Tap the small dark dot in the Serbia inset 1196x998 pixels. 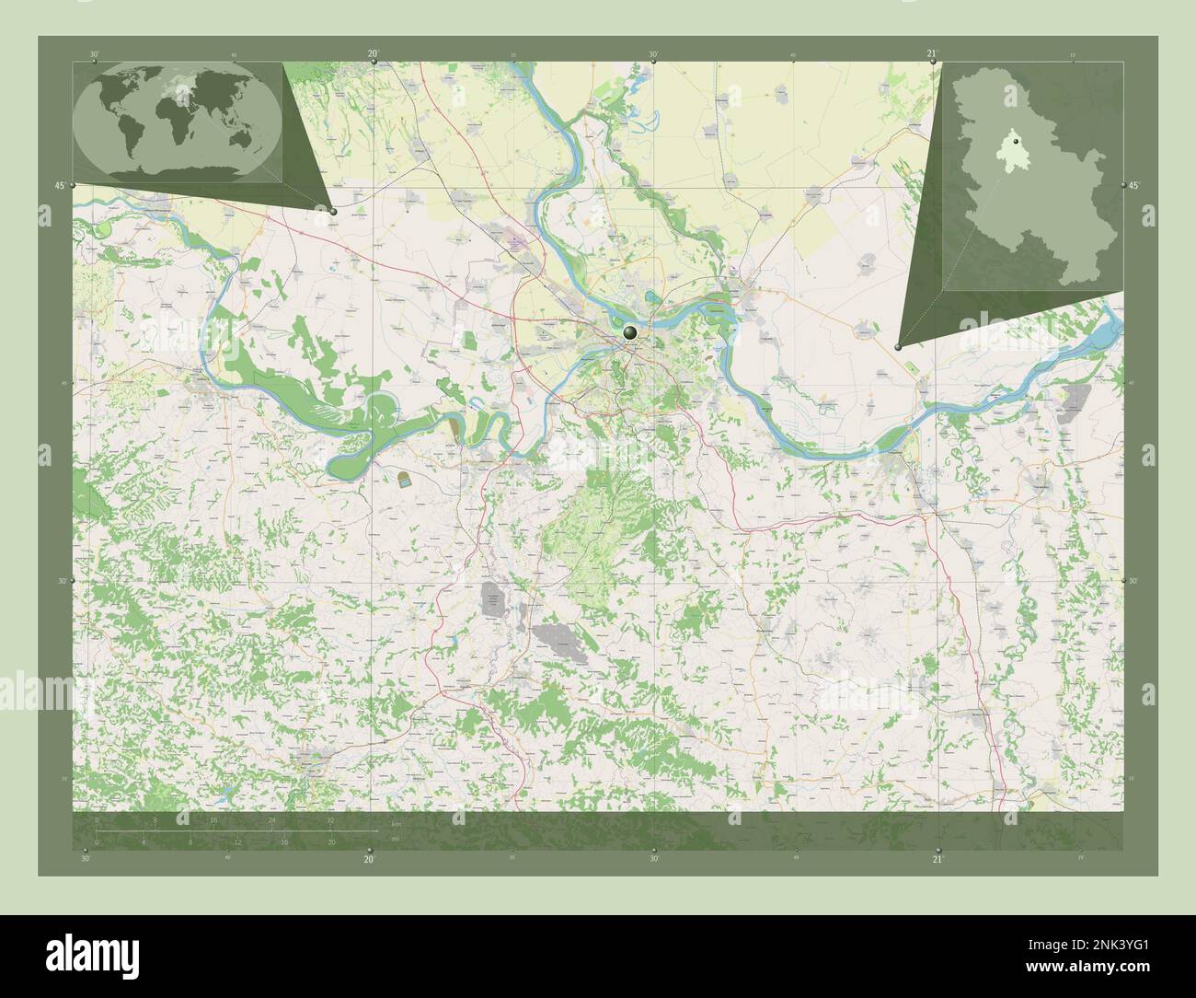[x=1016, y=143]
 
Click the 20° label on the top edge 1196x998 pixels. [x=373, y=54]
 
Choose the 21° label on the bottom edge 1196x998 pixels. [x=937, y=860]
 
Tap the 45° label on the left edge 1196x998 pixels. [x=60, y=186]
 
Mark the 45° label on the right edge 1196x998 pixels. [x=1134, y=186]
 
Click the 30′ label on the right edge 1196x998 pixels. [x=1134, y=582]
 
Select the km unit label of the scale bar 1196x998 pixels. [x=397, y=823]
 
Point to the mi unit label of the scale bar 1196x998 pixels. [x=395, y=839]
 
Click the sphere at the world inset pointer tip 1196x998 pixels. [x=333, y=211]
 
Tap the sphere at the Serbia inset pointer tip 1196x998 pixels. [x=898, y=347]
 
